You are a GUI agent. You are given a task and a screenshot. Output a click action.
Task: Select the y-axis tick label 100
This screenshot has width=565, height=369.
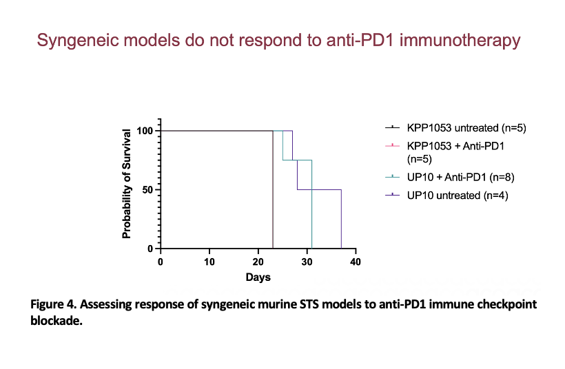tap(145, 131)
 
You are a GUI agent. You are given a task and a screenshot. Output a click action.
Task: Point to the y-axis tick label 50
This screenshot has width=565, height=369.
tap(148, 190)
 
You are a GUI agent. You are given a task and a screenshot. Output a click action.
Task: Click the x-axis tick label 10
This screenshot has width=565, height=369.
tap(209, 262)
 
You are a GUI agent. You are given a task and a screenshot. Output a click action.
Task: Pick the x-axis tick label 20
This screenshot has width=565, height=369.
tap(258, 262)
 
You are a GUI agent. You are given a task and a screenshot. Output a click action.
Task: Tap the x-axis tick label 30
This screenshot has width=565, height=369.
tap(307, 262)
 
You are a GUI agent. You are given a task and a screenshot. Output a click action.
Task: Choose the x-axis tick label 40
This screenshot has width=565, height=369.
tap(356, 262)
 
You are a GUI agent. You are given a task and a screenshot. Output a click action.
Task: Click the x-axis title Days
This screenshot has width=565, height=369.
tap(258, 277)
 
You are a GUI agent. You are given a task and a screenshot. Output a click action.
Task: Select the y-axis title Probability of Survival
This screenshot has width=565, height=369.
tap(127, 184)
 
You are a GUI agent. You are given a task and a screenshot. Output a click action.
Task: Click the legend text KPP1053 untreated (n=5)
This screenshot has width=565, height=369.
tap(466, 128)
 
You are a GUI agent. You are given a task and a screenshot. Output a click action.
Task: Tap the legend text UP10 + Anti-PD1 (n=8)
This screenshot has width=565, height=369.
tap(460, 177)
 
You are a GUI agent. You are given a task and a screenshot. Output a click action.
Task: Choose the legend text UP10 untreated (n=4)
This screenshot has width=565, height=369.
tap(458, 196)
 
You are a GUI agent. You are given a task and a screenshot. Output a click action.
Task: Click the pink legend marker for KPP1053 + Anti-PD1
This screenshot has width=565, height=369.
tap(393, 145)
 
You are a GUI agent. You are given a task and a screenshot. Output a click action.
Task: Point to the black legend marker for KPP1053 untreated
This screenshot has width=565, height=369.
tap(393, 127)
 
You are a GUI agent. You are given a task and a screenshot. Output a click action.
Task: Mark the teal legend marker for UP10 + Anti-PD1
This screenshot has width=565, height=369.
tap(393, 177)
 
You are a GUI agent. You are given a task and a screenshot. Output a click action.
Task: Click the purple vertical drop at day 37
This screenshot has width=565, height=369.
tap(341, 219)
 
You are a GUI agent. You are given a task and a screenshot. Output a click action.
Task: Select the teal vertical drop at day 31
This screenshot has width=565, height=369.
tap(311, 204)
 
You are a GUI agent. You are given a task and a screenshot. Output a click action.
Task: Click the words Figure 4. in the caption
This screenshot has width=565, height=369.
tap(53, 304)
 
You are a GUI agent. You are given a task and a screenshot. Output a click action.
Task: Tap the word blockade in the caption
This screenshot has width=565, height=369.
tap(55, 320)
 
